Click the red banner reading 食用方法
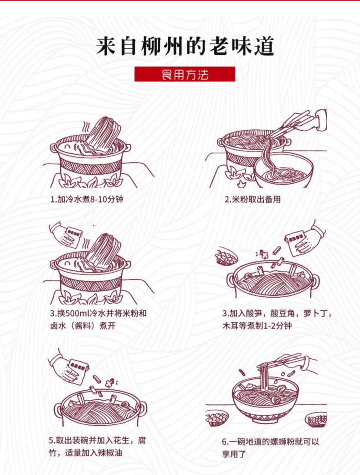tap(185, 74)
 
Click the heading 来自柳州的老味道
tap(185, 46)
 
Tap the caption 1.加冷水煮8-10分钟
tap(87, 199)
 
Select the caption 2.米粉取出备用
tap(252, 199)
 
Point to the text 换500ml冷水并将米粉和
tap(102, 313)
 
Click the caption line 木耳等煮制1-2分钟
tap(257, 325)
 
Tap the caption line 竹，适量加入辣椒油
tap(86, 453)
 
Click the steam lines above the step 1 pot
tap(87, 126)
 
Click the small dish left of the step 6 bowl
tap(217, 418)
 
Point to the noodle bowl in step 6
tap(265, 400)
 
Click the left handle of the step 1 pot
tap(54, 148)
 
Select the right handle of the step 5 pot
tap(143, 407)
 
